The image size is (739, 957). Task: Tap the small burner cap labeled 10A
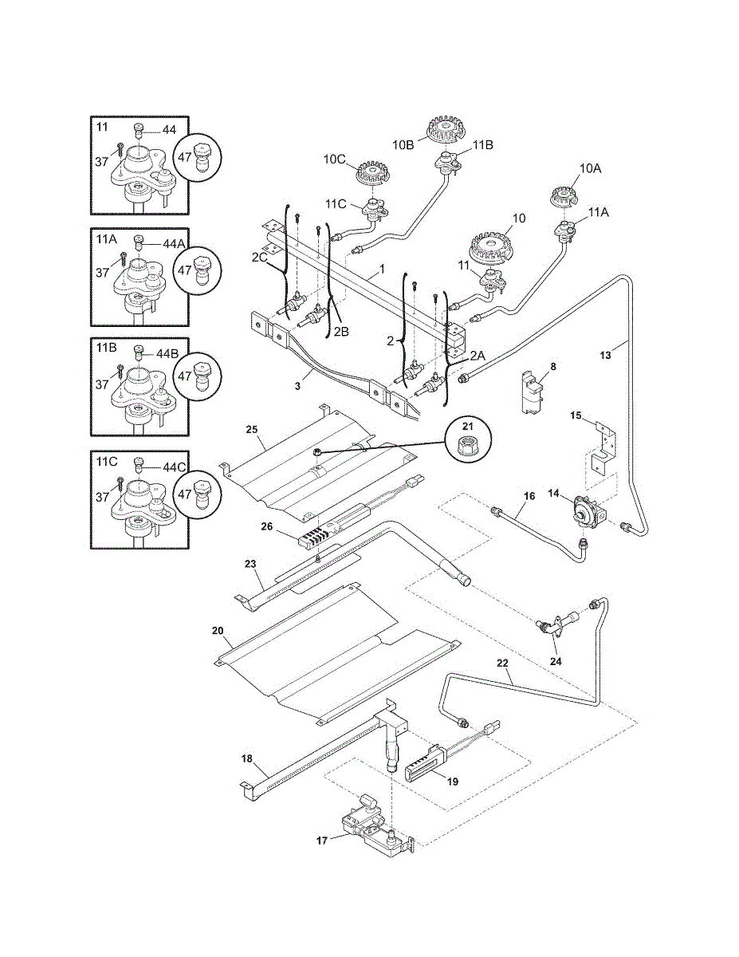(564, 194)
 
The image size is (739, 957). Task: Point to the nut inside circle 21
(467, 442)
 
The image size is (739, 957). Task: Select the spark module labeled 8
(532, 392)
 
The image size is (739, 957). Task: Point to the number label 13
(605, 355)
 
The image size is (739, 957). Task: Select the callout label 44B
(167, 353)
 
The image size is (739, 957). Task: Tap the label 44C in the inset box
(174, 467)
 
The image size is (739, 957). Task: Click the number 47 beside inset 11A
(185, 270)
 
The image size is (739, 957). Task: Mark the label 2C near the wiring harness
(260, 258)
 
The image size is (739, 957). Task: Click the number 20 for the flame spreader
(218, 631)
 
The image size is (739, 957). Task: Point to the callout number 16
(529, 496)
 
